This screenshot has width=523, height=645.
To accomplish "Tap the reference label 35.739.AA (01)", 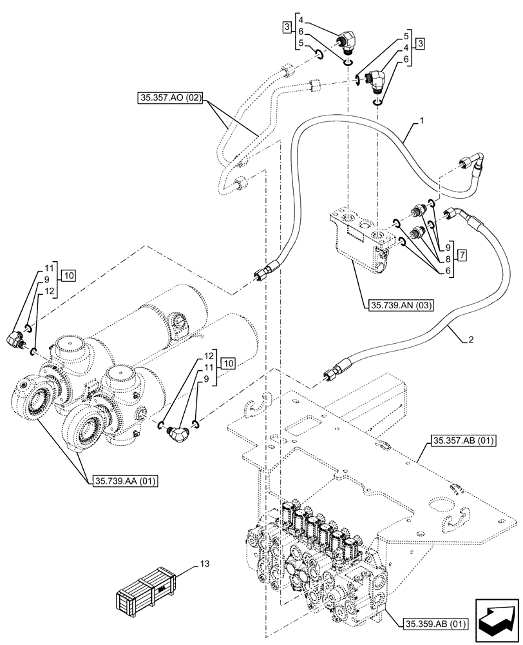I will pyautogui.click(x=122, y=481).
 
